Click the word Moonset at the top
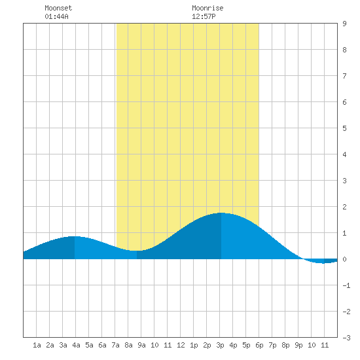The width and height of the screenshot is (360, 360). pos(58,8)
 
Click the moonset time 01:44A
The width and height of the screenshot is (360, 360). pos(56,16)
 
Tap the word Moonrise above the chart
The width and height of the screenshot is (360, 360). pos(207,8)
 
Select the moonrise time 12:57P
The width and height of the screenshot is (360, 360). pos(204,16)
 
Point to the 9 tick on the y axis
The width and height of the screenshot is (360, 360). pos(344,24)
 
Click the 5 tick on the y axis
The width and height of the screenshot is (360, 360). pos(344,128)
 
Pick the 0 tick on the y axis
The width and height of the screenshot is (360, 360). pos(344,259)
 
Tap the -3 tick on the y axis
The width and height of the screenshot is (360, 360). pos(346,338)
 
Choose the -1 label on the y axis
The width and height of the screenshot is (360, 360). pos(346,285)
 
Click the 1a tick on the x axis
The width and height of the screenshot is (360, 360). pos(37,345)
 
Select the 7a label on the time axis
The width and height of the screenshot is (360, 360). pos(115,345)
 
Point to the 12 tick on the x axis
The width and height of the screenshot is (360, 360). pos(181,345)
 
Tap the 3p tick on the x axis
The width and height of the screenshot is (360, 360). pos(220,345)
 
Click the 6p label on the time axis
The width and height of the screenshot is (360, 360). pos(259,345)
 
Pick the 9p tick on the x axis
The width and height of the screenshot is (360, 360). pos(298,345)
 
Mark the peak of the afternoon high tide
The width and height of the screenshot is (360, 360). pos(221,213)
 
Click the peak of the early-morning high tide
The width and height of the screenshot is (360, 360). pos(75,236)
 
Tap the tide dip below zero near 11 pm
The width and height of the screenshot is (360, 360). pos(323,262)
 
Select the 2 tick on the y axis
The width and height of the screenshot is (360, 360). pos(344,207)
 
